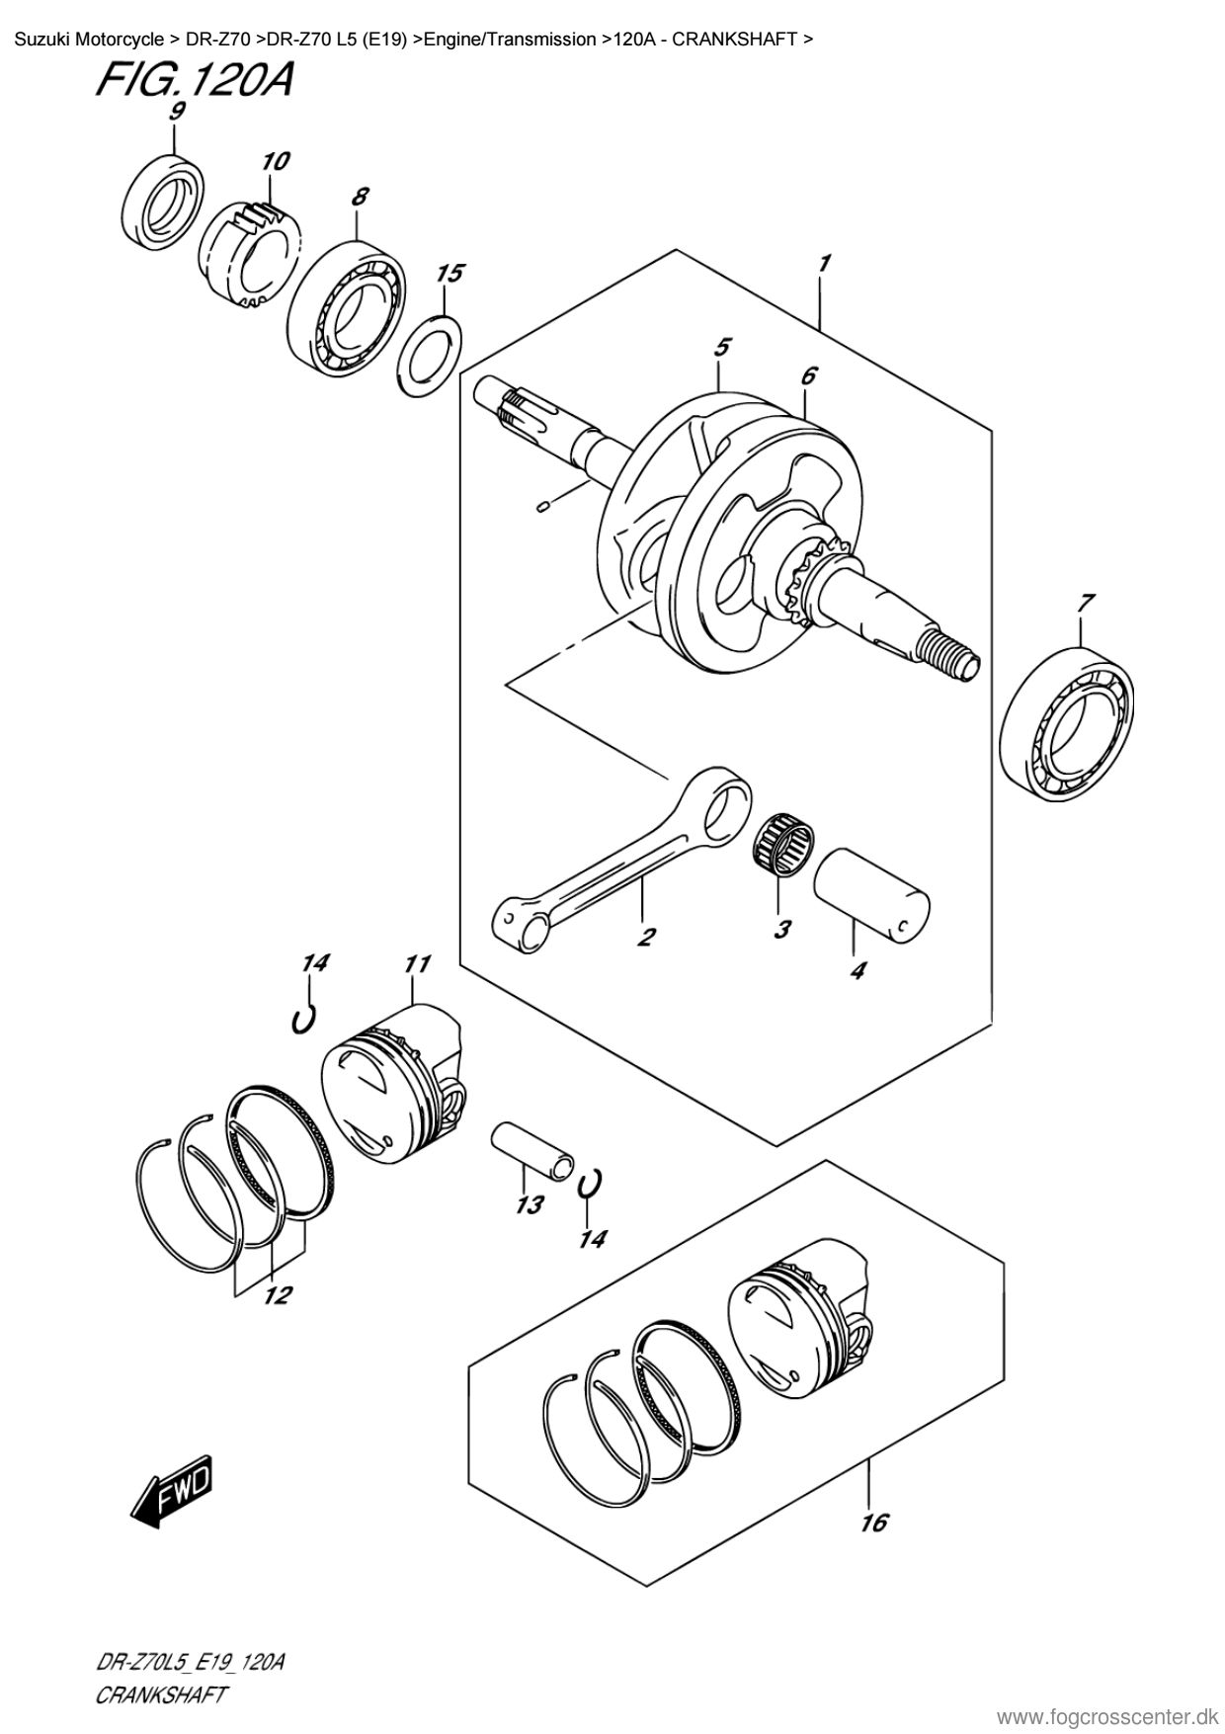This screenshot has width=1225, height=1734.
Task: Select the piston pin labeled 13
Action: pos(534,1149)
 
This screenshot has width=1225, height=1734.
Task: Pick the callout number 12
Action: pos(277,1295)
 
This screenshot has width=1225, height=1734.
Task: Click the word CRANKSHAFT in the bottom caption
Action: pos(160,1695)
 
